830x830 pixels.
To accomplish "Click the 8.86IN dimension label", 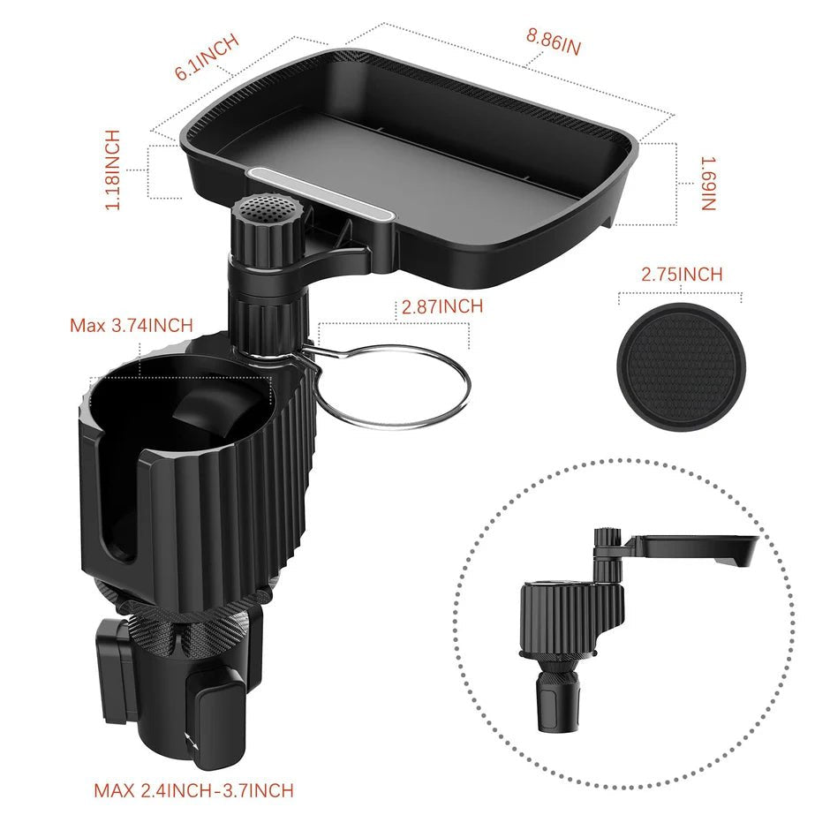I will tap(554, 41).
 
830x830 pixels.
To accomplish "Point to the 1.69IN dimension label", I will tap(708, 184).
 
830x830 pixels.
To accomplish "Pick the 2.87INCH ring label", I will tap(441, 307).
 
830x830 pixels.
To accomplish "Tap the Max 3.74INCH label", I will tap(131, 325).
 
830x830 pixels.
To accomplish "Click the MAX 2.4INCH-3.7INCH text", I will tap(193, 789).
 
